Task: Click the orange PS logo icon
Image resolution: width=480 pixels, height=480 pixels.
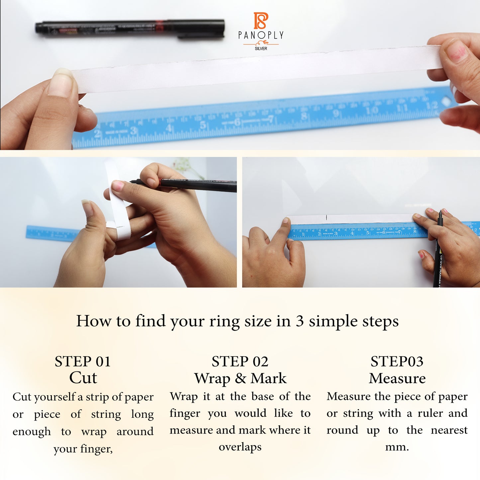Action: pyautogui.click(x=261, y=21)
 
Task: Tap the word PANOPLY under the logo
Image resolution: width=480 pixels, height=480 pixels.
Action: pyautogui.click(x=261, y=35)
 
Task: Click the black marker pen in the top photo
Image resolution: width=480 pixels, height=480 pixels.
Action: pyautogui.click(x=130, y=27)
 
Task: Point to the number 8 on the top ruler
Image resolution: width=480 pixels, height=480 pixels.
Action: pyautogui.click(x=304, y=116)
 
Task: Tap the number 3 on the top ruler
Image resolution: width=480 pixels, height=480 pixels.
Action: pyautogui.click(x=134, y=131)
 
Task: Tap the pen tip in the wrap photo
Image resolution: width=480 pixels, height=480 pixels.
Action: pyautogui.click(x=132, y=182)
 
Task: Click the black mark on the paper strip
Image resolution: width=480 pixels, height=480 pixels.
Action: pyautogui.click(x=327, y=217)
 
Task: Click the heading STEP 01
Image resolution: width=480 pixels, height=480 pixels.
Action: pyautogui.click(x=83, y=361)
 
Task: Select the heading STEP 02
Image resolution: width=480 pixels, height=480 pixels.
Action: pyautogui.click(x=240, y=361)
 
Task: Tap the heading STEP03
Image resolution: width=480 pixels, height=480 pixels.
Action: pyautogui.click(x=397, y=361)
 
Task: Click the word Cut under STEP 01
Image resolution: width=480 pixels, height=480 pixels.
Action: pyautogui.click(x=83, y=378)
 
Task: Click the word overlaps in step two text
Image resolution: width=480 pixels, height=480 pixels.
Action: pyautogui.click(x=240, y=447)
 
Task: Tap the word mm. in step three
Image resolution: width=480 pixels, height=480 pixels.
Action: pyautogui.click(x=397, y=447)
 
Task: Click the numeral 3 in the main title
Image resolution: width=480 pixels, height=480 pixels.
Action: pyautogui.click(x=300, y=321)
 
